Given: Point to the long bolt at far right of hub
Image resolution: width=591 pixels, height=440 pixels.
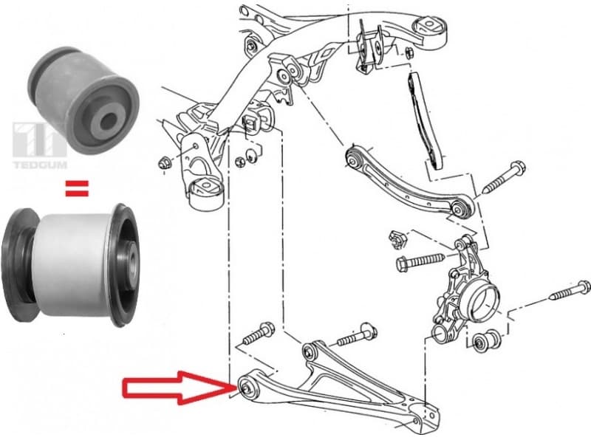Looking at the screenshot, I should pos(570,290).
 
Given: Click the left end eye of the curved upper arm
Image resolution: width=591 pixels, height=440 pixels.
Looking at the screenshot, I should pos(355,157).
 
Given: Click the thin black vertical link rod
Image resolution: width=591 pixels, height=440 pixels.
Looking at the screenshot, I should pos(423,118).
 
